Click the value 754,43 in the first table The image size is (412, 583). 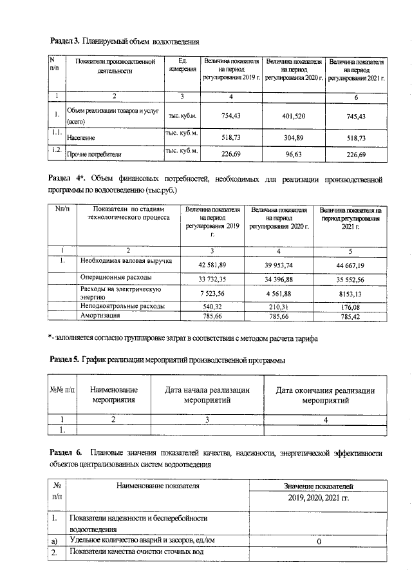pos(230,116)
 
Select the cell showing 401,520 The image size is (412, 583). pos(293,116)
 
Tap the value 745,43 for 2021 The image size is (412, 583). pos(356,116)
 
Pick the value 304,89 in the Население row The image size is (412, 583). pos(293,138)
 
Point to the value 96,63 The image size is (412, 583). pos(293,155)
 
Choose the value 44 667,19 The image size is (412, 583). pos(350,265)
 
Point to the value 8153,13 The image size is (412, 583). pos(350,293)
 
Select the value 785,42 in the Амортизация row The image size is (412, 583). pos(350,317)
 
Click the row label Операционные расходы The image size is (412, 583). pos(116,278)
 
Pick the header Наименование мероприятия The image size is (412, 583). pos(113,395)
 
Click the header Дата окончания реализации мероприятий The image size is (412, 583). pos(325,395)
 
